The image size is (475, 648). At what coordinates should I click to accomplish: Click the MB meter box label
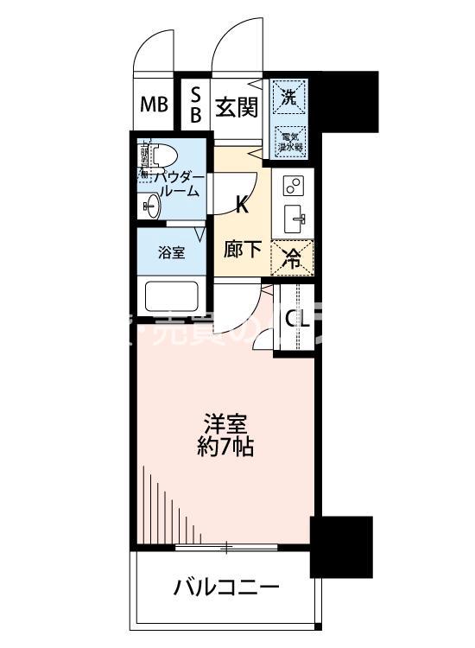point(155,105)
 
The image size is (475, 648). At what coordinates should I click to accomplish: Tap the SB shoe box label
point(195,105)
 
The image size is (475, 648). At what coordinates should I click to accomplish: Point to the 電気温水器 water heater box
point(288,139)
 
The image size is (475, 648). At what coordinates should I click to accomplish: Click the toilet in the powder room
point(161,156)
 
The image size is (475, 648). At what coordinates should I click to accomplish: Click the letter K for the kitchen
point(244,206)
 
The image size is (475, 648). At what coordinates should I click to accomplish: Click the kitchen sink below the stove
point(294,219)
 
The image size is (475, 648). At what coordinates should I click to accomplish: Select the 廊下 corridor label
point(244,250)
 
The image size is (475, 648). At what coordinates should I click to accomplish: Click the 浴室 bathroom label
point(170,253)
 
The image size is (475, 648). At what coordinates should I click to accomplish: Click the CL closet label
point(296,320)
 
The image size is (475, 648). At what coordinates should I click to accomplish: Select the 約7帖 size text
point(227,449)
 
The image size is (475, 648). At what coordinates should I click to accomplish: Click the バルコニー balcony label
point(226,588)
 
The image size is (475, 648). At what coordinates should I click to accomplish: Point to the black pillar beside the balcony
point(341,546)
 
